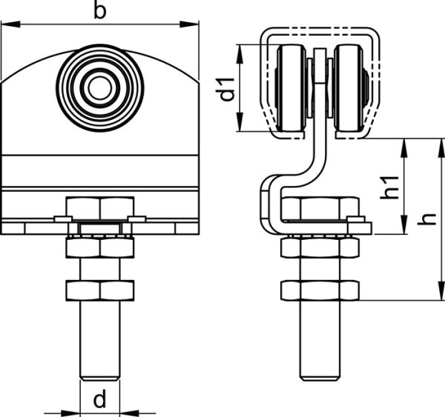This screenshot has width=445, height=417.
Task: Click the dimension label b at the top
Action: coord(99,12)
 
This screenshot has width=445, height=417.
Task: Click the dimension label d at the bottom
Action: coord(99,398)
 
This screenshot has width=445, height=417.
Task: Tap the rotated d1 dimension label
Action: coord(228,90)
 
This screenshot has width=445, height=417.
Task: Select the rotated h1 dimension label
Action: coord(390,187)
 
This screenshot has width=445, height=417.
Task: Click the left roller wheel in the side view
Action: coord(291,88)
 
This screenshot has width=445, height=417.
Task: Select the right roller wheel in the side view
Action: coord(349,88)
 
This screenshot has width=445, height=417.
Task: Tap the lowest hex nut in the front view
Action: coord(100,290)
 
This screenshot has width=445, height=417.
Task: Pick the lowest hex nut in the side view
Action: coord(320,290)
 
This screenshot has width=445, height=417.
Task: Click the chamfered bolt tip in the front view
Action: coord(100,378)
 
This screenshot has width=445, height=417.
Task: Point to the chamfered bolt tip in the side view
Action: coord(320,378)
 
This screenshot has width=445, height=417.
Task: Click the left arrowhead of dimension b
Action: coord(10,24)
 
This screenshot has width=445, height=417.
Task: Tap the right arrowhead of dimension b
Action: coord(189,24)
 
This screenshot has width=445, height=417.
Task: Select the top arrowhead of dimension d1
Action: coord(240,54)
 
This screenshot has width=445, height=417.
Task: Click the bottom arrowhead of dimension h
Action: coord(441,290)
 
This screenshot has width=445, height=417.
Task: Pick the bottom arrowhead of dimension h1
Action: coord(404,224)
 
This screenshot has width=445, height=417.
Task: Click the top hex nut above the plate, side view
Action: coord(320,208)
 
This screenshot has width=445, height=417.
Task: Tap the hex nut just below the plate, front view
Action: coord(100,248)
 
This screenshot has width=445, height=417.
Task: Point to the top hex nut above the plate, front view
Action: coord(100,208)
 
